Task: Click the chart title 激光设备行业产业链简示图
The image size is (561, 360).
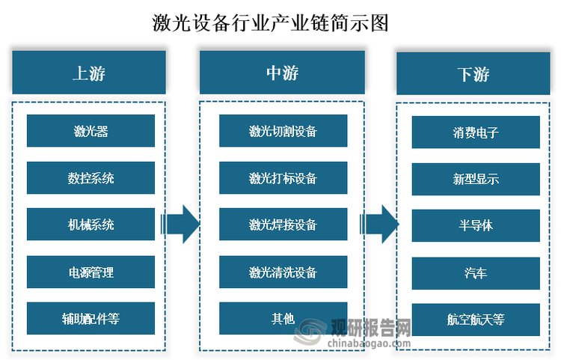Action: click(270, 23)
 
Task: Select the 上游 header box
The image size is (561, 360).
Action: click(89, 73)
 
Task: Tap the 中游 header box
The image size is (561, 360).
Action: click(282, 73)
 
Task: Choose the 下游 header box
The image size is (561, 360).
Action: click(473, 73)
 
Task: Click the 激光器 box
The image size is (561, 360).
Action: click(91, 131)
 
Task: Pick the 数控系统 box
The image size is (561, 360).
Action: click(91, 178)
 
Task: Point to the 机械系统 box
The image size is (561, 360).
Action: click(91, 225)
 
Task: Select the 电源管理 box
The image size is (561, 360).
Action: click(91, 272)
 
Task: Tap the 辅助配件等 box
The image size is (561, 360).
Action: click(91, 319)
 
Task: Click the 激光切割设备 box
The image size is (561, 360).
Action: click(283, 131)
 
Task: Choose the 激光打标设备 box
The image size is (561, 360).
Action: click(283, 178)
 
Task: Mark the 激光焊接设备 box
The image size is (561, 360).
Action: click(283, 225)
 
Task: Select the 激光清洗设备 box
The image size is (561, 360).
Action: click(283, 272)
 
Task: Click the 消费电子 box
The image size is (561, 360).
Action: click(476, 132)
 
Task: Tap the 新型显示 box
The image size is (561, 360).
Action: click(476, 180)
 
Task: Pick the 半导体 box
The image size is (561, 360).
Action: click(476, 226)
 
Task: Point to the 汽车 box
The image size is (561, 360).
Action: click(476, 273)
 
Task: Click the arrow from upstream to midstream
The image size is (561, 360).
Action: click(180, 225)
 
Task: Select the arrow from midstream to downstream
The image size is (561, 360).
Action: click(379, 225)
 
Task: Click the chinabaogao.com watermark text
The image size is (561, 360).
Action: click(370, 344)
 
